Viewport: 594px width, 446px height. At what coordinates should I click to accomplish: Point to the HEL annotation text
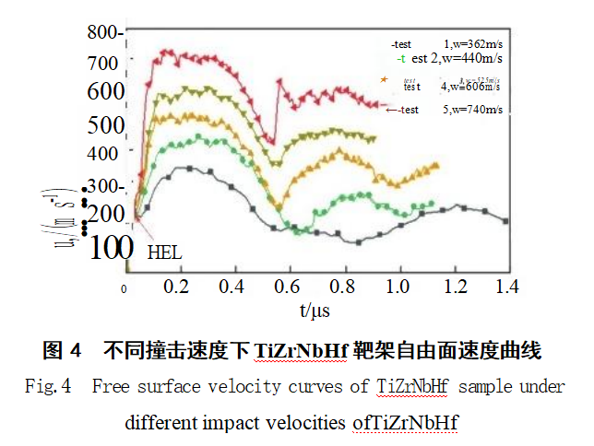[x=165, y=252]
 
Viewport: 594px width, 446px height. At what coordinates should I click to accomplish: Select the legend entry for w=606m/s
[x=452, y=87]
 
